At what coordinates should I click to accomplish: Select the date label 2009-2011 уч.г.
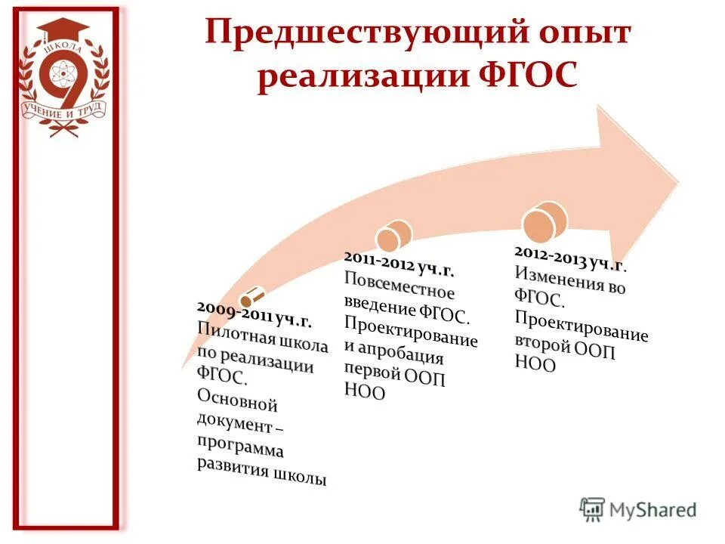tap(255, 314)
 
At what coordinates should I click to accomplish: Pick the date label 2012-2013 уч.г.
tap(570, 257)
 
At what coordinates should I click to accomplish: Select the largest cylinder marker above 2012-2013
tap(545, 220)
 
